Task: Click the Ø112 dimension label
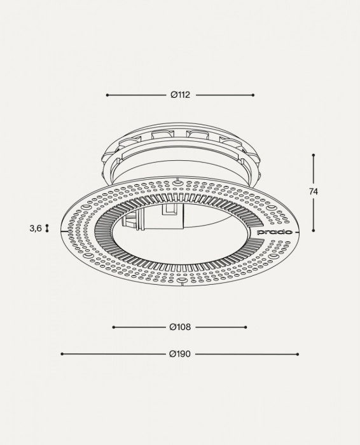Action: pyautogui.click(x=181, y=95)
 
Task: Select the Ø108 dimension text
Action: pyautogui.click(x=181, y=327)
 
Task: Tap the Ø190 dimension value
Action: pyautogui.click(x=181, y=354)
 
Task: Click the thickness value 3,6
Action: pyautogui.click(x=35, y=228)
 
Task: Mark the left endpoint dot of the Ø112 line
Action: pyautogui.click(x=107, y=95)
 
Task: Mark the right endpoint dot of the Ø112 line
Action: pyautogui.click(x=253, y=95)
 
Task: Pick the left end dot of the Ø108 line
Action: pyautogui.click(x=113, y=327)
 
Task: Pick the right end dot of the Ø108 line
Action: pyautogui.click(x=246, y=327)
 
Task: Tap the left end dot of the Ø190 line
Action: pyautogui.click(x=62, y=354)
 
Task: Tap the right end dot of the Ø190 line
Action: pyautogui.click(x=298, y=354)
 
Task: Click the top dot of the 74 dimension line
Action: pyautogui.click(x=314, y=154)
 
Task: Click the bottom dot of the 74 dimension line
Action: pyautogui.click(x=314, y=230)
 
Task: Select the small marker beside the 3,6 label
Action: pyautogui.click(x=47, y=228)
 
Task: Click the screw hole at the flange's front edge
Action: pyautogui.click(x=182, y=279)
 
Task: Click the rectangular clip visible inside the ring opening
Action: pyautogui.click(x=170, y=210)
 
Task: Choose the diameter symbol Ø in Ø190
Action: pyautogui.click(x=173, y=354)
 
